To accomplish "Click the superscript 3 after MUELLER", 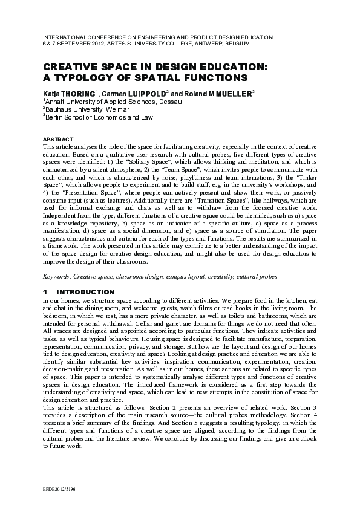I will (x=253, y=92).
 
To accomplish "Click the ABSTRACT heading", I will (x=59, y=139).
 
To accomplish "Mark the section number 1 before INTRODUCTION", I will (x=46, y=292).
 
